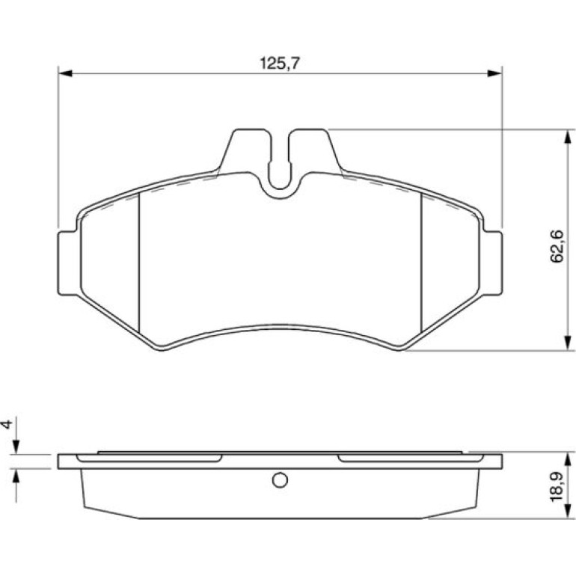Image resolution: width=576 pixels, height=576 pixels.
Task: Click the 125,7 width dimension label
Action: (280, 63)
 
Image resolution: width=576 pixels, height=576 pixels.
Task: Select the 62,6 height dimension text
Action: (556, 246)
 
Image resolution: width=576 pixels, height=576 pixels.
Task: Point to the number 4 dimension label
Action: (7, 424)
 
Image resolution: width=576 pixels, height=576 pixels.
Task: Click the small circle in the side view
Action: (280, 480)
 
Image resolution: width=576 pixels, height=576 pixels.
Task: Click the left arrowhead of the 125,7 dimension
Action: (65, 73)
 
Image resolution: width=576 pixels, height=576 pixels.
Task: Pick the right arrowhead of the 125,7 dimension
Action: (494, 73)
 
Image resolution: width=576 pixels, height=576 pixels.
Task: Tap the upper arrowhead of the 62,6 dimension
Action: (569, 137)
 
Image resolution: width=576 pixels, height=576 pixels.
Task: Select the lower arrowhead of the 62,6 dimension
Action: (569, 343)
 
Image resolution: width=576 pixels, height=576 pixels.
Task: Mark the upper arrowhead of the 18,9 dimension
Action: (569, 459)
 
